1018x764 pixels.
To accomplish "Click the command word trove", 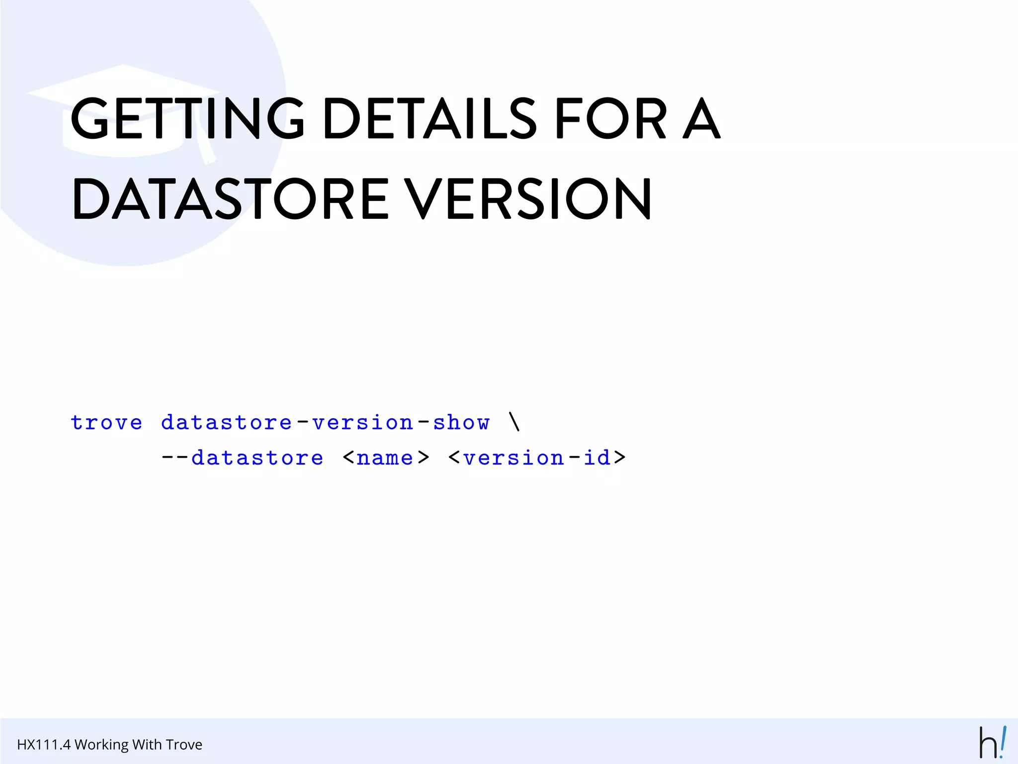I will pyautogui.click(x=106, y=423).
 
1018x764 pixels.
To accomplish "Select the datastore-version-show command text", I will pyautogui.click(x=325, y=423).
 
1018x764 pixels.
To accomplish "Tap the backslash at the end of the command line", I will pyautogui.click(x=514, y=422).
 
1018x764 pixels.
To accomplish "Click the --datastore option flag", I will pyautogui.click(x=242, y=458).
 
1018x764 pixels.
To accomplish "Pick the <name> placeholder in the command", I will pyautogui.click(x=386, y=458).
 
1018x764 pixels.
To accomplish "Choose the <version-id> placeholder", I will pyautogui.click(x=536, y=458).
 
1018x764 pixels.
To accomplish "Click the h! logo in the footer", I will pyautogui.click(x=992, y=742).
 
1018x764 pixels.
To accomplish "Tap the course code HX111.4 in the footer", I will pyautogui.click(x=44, y=745).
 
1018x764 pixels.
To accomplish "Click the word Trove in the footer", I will pyautogui.click(x=184, y=745).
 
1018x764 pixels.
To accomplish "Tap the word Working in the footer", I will pyautogui.click(x=101, y=745).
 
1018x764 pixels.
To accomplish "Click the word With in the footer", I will pyautogui.click(x=147, y=745).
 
